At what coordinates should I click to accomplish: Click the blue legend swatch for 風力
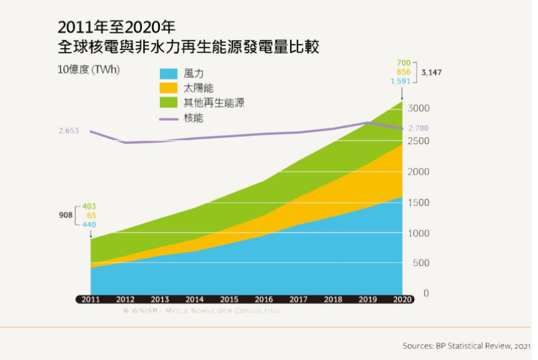(168, 73)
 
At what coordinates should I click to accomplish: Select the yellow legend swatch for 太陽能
(168, 88)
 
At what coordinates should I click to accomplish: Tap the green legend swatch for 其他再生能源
(168, 103)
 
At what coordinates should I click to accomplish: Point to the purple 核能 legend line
(168, 118)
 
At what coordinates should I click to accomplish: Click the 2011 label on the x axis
(91, 300)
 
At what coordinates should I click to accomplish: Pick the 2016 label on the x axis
(263, 300)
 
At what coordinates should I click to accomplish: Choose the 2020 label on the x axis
(402, 300)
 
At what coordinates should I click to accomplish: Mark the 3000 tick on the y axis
(419, 109)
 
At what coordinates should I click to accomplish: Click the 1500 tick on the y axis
(419, 203)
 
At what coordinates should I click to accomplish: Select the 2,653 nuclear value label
(69, 131)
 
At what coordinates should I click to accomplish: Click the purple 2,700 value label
(419, 128)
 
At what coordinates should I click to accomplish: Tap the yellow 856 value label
(403, 71)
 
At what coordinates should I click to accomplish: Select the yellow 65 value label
(89, 215)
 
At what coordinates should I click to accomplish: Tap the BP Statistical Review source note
(467, 345)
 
